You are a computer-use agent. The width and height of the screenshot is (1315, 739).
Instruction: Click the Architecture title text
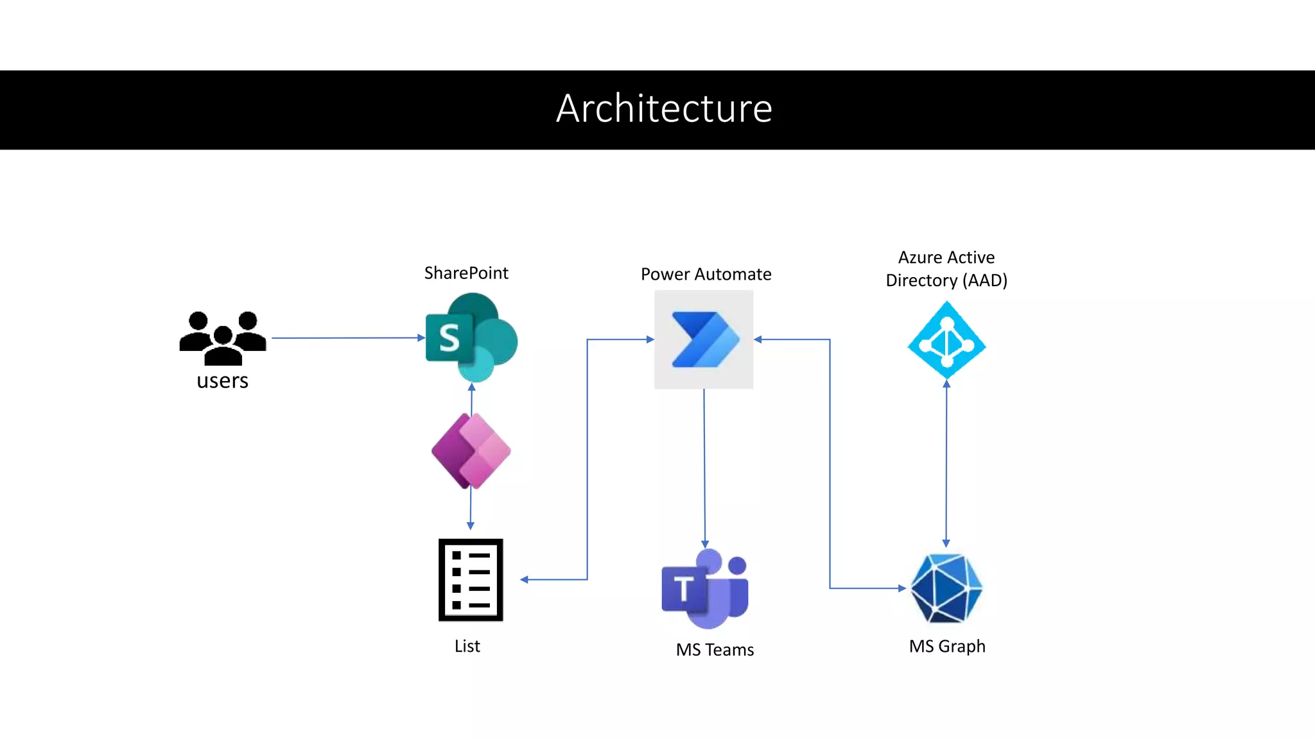(664, 108)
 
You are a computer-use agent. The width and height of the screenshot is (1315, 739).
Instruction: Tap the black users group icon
(222, 337)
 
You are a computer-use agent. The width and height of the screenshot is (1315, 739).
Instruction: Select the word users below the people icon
(222, 381)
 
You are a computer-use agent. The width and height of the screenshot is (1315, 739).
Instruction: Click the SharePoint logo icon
(471, 337)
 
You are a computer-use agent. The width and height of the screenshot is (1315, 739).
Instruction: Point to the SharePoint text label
(466, 273)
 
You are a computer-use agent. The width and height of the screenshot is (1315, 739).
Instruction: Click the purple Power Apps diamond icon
(471, 451)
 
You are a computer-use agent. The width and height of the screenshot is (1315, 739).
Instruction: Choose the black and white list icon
(471, 580)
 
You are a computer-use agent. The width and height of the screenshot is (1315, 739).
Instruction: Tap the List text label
(467, 646)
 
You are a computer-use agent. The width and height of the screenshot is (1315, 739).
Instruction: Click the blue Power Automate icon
(704, 339)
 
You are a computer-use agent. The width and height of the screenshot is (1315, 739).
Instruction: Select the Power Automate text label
(706, 275)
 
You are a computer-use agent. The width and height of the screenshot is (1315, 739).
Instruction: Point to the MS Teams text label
(715, 650)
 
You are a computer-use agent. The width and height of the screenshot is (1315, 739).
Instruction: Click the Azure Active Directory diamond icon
(946, 340)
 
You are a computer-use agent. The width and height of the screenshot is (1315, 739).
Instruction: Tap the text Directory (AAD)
(946, 281)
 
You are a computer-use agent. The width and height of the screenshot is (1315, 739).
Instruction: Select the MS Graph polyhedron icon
(946, 588)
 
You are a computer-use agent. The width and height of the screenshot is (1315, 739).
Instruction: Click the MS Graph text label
(947, 646)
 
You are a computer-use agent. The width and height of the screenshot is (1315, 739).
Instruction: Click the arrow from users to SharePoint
(347, 337)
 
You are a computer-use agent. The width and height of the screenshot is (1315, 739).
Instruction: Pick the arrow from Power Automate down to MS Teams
(704, 468)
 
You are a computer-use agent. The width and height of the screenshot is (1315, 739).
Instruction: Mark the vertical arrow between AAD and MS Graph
(946, 462)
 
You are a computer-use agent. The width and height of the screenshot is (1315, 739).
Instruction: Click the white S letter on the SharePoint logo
(449, 338)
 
